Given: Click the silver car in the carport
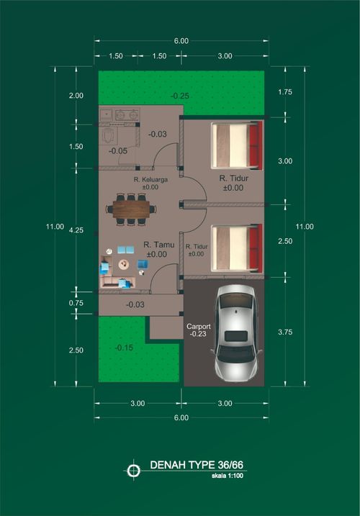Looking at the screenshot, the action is (235, 333).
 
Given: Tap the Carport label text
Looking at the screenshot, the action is (199, 327).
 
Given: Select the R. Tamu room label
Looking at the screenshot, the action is (158, 245).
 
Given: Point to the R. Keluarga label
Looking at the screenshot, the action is (150, 180).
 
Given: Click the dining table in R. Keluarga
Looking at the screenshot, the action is (131, 209).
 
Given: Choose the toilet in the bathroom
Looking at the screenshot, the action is (109, 135).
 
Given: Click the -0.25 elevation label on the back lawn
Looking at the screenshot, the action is (180, 96).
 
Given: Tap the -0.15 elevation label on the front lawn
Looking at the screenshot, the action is (124, 348).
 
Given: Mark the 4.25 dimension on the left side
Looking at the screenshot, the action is (76, 230).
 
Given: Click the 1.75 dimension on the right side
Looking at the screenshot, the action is (285, 92).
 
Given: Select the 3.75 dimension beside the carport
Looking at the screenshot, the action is (285, 332).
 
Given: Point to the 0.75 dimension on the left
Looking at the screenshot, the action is (76, 303).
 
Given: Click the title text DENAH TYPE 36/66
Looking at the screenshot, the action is (197, 465).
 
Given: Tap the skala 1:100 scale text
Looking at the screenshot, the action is (228, 476).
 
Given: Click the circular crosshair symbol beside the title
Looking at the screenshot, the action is (133, 471).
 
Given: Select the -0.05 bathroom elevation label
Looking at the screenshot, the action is (118, 151).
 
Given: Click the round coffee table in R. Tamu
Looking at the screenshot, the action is (124, 264).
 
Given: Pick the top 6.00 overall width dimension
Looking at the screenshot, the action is (181, 41).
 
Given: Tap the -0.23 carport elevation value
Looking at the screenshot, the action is (198, 334).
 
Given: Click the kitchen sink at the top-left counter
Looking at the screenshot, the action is (107, 114).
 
